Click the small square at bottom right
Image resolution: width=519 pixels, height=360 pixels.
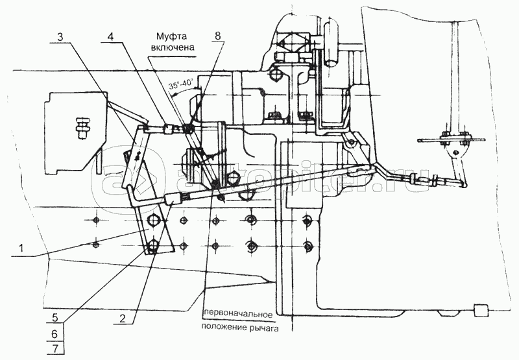[x=481, y=311]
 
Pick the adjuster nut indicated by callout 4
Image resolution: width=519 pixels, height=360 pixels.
[x=169, y=127]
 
